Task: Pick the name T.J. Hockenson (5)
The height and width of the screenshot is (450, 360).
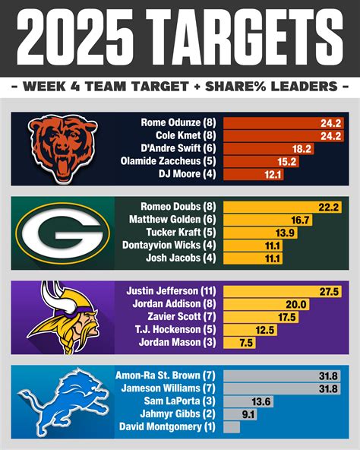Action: (x=175, y=329)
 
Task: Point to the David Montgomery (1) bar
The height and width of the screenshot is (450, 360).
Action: (x=232, y=427)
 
